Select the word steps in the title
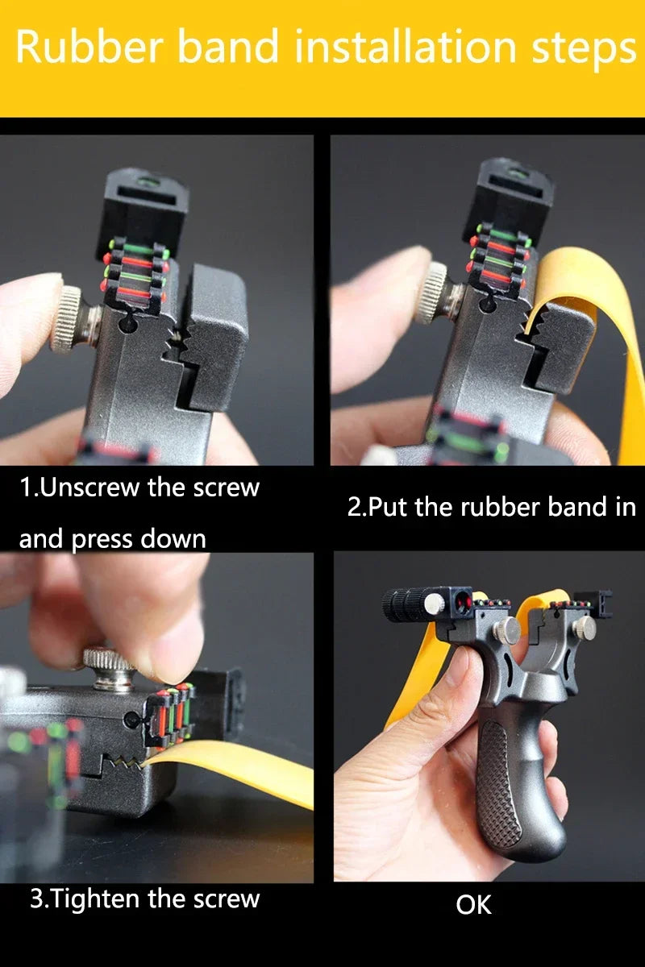coord(584,51)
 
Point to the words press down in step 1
coord(138,540)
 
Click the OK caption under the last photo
coord(473,905)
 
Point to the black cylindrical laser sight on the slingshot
coord(408,605)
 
